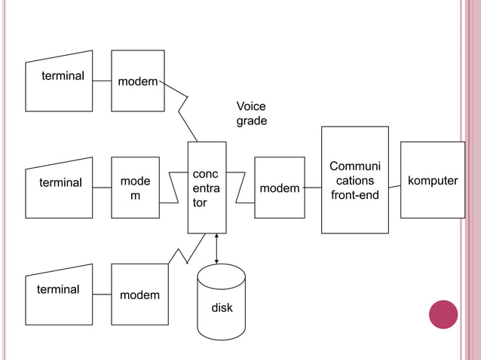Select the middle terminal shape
60,188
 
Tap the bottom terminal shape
60,294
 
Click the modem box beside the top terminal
138,81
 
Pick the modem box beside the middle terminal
136,188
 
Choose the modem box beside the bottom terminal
139,294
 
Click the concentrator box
207,188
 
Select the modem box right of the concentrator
280,188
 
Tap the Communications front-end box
354,180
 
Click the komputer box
433,180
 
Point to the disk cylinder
221,304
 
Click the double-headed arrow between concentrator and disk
217,248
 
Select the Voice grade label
251,114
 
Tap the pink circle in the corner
443,314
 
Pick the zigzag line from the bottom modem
182,255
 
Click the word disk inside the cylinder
222,308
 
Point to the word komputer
433,181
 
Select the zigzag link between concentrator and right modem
240,188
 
